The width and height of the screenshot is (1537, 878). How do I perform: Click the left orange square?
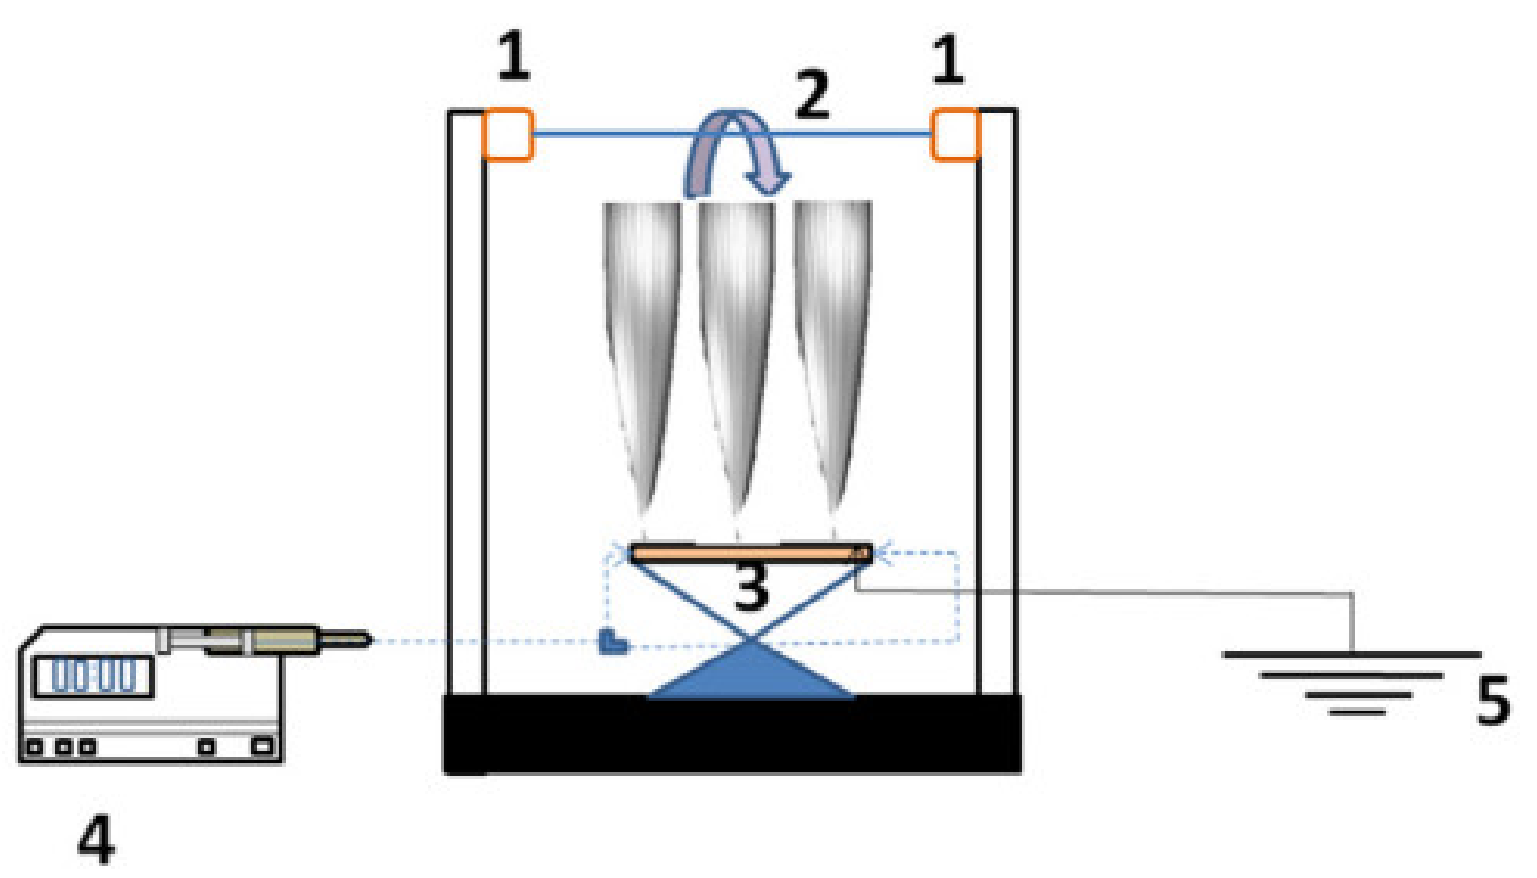(x=508, y=134)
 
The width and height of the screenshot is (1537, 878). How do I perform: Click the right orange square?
(x=955, y=134)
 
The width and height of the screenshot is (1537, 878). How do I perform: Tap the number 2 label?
(x=812, y=95)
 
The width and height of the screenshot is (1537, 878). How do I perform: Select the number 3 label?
(x=752, y=587)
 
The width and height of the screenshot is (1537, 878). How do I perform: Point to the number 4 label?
(x=97, y=839)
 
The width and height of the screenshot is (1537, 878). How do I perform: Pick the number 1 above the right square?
(x=947, y=59)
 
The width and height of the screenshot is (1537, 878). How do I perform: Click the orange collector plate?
(x=748, y=553)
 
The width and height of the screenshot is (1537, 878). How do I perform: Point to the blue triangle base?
(x=751, y=675)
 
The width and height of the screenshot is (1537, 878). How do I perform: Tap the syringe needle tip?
(x=368, y=640)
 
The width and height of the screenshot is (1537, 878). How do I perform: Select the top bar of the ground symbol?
(x=1351, y=654)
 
